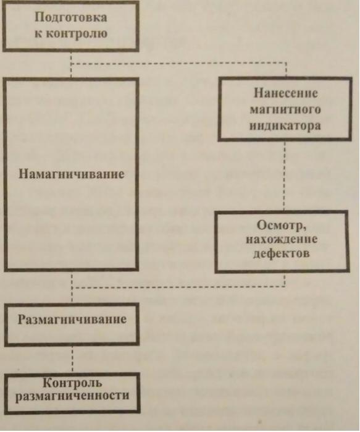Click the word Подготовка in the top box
pos(71,17)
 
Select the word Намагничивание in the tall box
pos(71,174)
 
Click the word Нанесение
pos(286,93)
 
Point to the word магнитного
pos(285,109)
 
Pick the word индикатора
pos(285,125)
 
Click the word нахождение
pos(282,239)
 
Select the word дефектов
pos(282,253)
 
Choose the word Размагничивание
pos(72,320)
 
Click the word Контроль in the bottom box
pos(72,383)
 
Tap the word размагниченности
pos(72,396)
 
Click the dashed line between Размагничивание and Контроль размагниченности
pos(72,359)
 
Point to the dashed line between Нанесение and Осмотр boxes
pos(284,176)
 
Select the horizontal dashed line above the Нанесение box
pos(178,64)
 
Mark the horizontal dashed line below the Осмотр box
pos(178,287)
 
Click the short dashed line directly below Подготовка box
pos(71,65)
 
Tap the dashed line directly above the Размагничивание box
pos(72,295)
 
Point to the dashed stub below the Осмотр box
pos(284,280)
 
